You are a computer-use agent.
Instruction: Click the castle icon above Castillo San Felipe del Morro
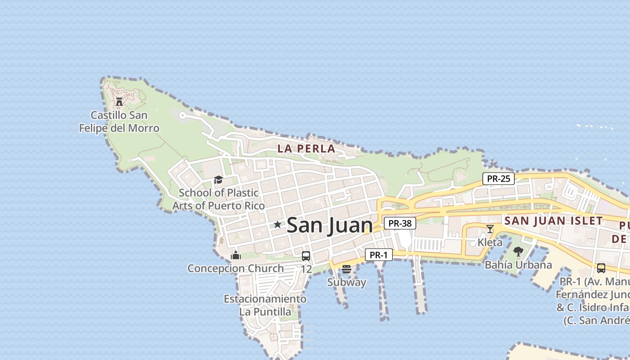pos(119,102)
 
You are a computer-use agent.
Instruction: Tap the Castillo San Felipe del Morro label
pos(119,122)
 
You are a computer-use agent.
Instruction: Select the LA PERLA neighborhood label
pos(306,148)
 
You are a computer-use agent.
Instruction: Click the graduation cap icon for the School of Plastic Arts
pos(218,180)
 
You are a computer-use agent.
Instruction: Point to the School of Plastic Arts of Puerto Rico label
pos(219,199)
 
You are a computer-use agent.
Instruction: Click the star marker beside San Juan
pos(278,224)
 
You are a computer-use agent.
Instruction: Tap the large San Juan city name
pos(329,225)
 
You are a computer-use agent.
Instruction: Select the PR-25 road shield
pos(499,179)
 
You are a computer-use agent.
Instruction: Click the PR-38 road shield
pos(400,223)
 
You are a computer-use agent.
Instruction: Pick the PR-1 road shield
pos(378,255)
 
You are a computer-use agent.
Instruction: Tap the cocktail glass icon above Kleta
pos(490,229)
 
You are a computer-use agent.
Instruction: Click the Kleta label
pos(490,243)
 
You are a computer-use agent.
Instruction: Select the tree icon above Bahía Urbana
pos(518,252)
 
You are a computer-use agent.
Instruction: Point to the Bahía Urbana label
pos(518,265)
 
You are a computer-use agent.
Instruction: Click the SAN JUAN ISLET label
pos(553,221)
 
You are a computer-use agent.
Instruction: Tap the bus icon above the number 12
pos(306,256)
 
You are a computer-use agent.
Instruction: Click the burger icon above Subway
pos(346,269)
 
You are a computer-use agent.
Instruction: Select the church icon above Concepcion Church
pos(235,255)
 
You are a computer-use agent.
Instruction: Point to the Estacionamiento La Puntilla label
pos(265,305)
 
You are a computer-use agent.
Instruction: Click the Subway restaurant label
pos(346,283)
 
